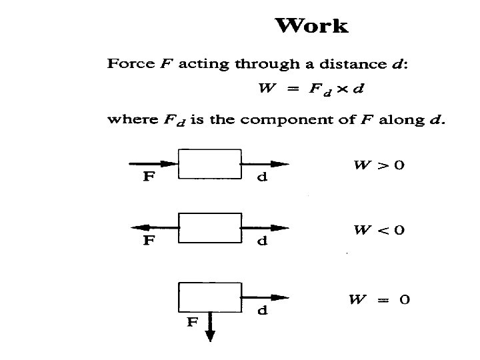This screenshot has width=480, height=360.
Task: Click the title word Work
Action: tap(311, 26)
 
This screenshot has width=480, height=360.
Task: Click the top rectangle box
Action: tap(209, 164)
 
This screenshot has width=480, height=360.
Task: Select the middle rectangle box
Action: tap(209, 228)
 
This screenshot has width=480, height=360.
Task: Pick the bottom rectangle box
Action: tap(209, 297)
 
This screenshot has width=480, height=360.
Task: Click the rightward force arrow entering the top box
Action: tap(153, 164)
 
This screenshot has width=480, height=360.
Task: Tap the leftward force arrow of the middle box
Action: tap(153, 228)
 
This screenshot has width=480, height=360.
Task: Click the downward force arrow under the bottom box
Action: tap(210, 327)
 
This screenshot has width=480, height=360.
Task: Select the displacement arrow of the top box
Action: tap(265, 164)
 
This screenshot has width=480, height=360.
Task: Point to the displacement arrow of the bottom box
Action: tap(265, 297)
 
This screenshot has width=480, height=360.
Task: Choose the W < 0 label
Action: tap(378, 231)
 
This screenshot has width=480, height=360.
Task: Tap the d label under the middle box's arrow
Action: tap(263, 241)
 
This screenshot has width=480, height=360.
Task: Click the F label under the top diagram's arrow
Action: tap(152, 177)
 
